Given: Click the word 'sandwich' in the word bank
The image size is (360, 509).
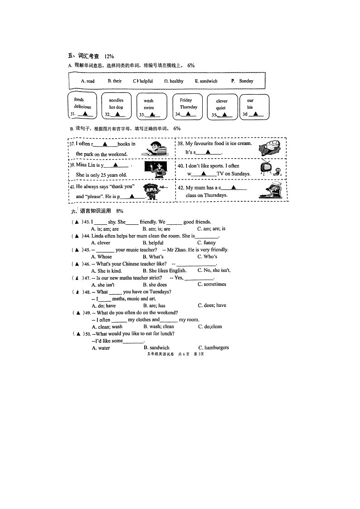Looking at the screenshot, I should pyautogui.click(x=206, y=81).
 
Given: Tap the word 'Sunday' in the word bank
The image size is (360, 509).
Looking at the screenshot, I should pyautogui.click(x=246, y=81).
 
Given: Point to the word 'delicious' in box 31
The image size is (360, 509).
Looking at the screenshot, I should pyautogui.click(x=83, y=107).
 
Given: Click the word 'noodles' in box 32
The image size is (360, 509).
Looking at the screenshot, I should pyautogui.click(x=116, y=101).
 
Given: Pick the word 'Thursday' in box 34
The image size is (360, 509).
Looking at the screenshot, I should pyautogui.click(x=188, y=107).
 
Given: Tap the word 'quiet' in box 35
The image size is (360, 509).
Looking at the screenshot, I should pyautogui.click(x=221, y=108).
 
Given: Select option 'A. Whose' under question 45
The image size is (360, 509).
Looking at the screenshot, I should pyautogui.click(x=102, y=257).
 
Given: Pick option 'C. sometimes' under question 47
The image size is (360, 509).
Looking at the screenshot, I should pyautogui.click(x=212, y=284).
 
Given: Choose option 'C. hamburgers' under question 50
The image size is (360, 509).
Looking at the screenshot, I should pyautogui.click(x=213, y=348).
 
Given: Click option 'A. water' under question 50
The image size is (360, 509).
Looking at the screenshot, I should pyautogui.click(x=101, y=348).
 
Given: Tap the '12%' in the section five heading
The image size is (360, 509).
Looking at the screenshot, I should pyautogui.click(x=109, y=56).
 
